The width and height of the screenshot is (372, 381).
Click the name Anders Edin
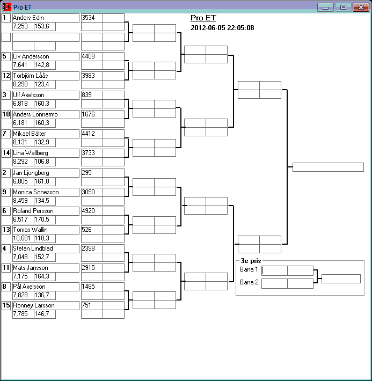click(x=28, y=18)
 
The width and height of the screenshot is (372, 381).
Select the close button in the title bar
click(x=359, y=7)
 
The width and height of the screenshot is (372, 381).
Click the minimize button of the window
click(x=325, y=7)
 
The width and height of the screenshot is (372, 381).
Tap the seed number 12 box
click(x=6, y=76)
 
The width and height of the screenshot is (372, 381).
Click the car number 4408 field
click(x=91, y=56)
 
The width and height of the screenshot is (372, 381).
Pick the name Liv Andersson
click(x=31, y=56)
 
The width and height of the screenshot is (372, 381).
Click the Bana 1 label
click(x=249, y=269)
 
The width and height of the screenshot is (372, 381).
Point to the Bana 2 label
click(x=249, y=282)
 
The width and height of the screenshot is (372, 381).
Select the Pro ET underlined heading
click(x=203, y=18)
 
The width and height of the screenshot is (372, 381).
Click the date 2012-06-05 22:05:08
click(x=222, y=27)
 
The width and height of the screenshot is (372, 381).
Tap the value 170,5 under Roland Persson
click(x=42, y=219)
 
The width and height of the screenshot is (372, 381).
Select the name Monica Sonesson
click(x=35, y=192)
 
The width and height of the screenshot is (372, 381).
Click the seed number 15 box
click(x=6, y=305)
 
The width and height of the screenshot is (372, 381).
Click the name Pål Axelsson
click(x=30, y=287)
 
